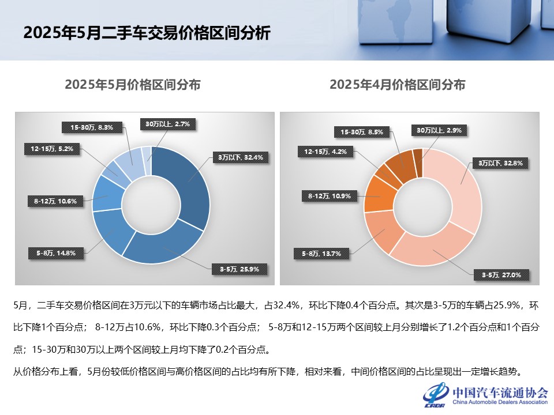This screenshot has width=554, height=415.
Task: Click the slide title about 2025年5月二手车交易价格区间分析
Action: (147, 32)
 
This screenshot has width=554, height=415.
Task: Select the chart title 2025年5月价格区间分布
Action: (133, 85)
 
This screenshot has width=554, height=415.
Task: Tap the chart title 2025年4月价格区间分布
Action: (398, 85)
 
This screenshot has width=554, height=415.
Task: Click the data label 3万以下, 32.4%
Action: (240, 157)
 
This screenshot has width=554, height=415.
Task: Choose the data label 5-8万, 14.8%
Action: (51, 252)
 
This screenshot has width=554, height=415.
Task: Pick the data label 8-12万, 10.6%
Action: (51, 201)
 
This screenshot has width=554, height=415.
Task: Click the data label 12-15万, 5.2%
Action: (52, 149)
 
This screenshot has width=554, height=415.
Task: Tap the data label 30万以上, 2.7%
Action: (167, 123)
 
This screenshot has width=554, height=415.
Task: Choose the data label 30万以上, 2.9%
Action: (439, 131)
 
